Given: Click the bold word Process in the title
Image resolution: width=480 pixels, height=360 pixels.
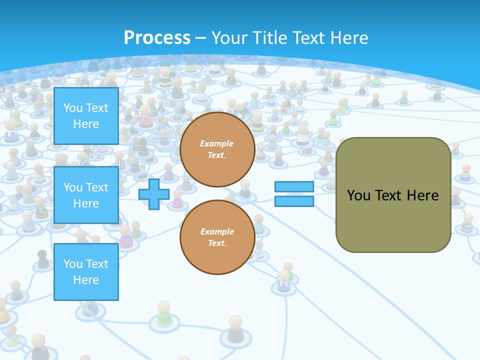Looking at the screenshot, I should point(157,38).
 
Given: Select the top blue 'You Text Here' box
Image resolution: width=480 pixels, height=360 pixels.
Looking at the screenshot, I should point(86,116).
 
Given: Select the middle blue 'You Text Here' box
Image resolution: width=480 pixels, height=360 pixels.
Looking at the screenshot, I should point(86,195).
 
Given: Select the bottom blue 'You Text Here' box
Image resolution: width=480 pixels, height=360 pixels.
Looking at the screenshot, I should point(86,271).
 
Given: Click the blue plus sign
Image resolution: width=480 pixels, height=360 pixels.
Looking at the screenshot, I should point(154,194).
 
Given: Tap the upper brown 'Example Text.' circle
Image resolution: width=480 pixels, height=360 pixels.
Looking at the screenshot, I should point(217,149).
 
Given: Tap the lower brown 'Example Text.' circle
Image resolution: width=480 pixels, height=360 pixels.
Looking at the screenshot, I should point(217,237).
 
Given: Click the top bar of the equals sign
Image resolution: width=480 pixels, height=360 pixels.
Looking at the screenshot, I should point(294,187).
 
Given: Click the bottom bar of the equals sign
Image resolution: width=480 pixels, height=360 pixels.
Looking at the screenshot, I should point(294,201).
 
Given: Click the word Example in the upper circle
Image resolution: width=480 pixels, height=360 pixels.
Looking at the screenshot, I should point(217,143).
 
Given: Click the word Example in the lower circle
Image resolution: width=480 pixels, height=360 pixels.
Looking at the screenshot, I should point(217,231).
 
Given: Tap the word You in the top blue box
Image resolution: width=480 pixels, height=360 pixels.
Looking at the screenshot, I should point(73,108).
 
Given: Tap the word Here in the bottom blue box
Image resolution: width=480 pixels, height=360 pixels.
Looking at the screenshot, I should point(86,280).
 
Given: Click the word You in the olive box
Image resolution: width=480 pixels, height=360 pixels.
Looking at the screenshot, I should point(358,195).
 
